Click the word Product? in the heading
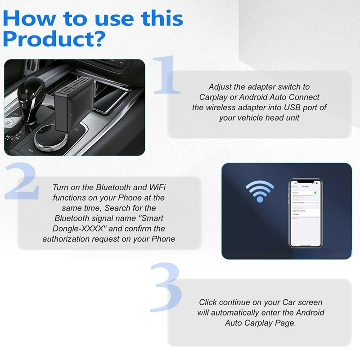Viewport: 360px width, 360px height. (54, 40)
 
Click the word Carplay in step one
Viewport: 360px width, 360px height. (214, 97)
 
